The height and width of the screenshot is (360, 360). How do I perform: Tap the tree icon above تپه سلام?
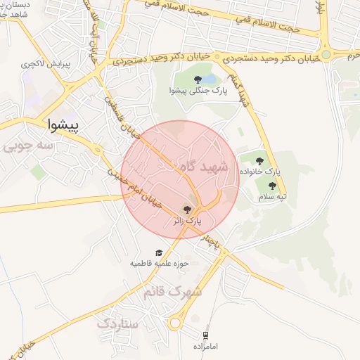coord(272,186)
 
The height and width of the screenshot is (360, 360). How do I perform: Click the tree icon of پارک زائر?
coord(186,209)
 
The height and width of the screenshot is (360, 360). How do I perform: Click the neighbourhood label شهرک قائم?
coord(173,291)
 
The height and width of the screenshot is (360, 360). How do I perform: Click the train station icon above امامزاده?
coord(205,336)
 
